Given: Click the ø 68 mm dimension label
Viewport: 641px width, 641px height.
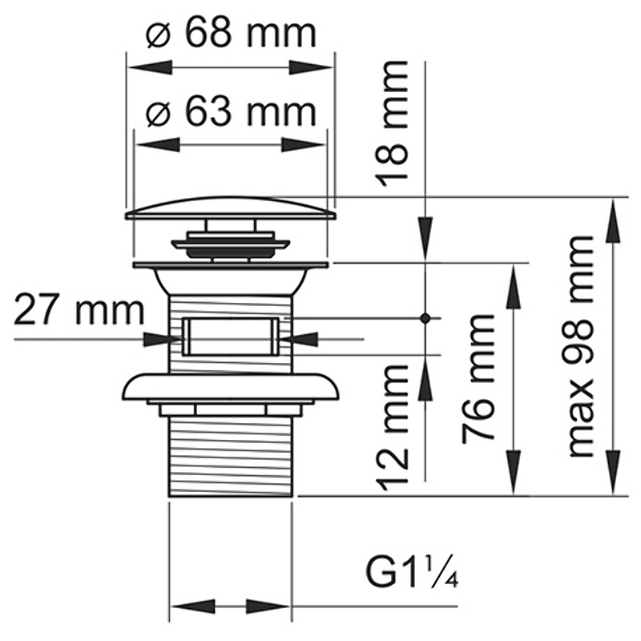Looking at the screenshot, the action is pos(232,34).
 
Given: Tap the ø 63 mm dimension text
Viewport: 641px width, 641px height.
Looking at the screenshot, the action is pos(232,111).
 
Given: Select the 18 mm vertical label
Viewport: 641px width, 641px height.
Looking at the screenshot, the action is pos(392,123).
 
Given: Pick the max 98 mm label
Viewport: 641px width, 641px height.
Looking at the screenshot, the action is pos(580,346).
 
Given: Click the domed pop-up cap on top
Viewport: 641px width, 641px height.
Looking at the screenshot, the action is pos(231,208).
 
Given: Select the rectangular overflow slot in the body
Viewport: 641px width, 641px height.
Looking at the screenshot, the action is pos(231,336).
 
